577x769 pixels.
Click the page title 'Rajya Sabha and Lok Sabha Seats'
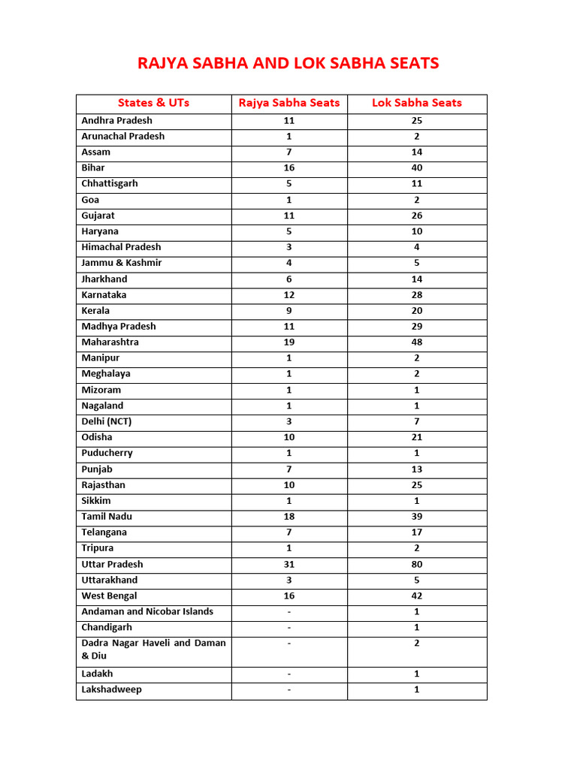[x=288, y=63]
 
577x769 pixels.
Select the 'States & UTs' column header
[x=153, y=103]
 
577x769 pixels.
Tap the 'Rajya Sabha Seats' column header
[x=289, y=103]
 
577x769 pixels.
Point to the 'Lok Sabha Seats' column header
[x=417, y=103]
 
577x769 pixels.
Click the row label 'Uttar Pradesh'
[x=112, y=564]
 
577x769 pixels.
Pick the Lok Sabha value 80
[x=417, y=564]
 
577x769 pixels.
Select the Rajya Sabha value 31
[x=289, y=564]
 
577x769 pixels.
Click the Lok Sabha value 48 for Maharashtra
[x=417, y=342]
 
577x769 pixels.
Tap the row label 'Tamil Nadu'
[x=107, y=517]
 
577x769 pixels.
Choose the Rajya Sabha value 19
[x=289, y=342]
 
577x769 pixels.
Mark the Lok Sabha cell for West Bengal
[x=417, y=596]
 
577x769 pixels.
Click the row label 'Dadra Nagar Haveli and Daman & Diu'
[x=153, y=649]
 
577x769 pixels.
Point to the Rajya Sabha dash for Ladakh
[x=289, y=674]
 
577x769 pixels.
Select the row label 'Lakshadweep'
[x=111, y=689]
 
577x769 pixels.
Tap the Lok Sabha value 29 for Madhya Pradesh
[x=417, y=327]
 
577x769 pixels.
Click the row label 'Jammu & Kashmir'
[x=122, y=263]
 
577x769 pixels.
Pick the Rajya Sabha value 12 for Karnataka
[x=289, y=295]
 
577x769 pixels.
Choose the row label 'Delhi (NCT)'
[x=107, y=421]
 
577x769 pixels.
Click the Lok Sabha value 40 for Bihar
[x=417, y=168]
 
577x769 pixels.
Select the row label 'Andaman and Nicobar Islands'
[x=147, y=611]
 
